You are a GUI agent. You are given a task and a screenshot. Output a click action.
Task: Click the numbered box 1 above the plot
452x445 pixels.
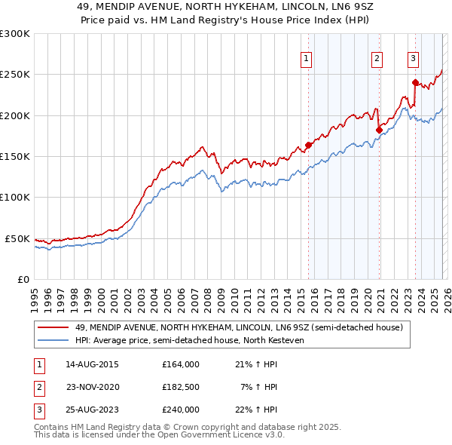point(307,60)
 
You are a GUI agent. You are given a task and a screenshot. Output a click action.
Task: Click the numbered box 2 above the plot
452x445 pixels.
point(377,60)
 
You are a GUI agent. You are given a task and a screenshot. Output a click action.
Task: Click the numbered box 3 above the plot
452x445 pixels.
point(414,60)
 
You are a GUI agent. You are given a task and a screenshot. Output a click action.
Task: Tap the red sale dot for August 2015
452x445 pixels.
point(308,146)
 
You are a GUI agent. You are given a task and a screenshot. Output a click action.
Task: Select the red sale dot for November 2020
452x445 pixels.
point(379,130)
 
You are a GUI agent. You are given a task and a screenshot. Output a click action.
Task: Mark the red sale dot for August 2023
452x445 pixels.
point(415,83)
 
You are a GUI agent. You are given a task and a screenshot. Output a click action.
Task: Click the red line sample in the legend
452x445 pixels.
point(53,327)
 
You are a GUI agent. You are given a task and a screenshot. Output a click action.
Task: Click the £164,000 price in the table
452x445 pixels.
point(180,364)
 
